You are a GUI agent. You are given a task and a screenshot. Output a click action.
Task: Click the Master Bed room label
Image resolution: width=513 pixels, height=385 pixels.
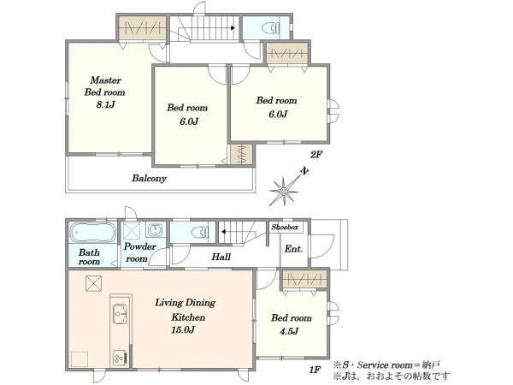(x=104, y=86)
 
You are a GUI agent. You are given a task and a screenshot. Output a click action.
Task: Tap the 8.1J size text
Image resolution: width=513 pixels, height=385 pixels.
(x=106, y=104)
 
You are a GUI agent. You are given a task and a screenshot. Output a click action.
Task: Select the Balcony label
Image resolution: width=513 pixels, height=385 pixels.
(x=149, y=179)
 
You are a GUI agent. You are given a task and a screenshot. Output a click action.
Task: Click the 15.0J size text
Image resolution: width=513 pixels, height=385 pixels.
(x=183, y=329)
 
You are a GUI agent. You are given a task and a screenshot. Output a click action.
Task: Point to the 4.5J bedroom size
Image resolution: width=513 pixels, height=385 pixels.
(x=289, y=331)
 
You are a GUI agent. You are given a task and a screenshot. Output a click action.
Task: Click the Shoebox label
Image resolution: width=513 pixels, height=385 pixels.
(x=285, y=227)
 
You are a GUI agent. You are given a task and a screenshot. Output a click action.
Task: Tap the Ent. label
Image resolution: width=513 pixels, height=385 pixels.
(x=293, y=249)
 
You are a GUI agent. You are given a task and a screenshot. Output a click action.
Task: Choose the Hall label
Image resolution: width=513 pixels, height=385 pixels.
(x=221, y=257)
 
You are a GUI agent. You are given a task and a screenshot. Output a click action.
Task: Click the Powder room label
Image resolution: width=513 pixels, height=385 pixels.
(x=139, y=252)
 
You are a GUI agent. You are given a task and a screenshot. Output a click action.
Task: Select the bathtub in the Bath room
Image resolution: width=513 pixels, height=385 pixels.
(x=93, y=232)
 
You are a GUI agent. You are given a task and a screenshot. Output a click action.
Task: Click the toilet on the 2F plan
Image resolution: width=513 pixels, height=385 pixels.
(x=271, y=28)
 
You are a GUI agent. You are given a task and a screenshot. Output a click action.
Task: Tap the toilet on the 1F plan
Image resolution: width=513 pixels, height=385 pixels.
(x=199, y=232)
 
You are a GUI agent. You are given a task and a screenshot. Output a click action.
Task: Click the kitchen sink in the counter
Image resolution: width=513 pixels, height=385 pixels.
(x=120, y=314)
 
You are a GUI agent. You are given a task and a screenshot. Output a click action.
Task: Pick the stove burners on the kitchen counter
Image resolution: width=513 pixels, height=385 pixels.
(x=119, y=358)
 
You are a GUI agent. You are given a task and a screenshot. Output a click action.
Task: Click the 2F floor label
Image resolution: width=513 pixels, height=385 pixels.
(x=315, y=155)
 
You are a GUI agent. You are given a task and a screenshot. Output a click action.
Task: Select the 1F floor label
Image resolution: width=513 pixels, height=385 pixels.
(x=315, y=370)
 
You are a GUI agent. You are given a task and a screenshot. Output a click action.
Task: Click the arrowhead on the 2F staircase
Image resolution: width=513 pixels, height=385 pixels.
(x=233, y=28)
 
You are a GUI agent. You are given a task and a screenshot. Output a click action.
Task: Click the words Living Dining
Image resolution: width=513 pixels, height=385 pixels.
(x=186, y=303)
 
